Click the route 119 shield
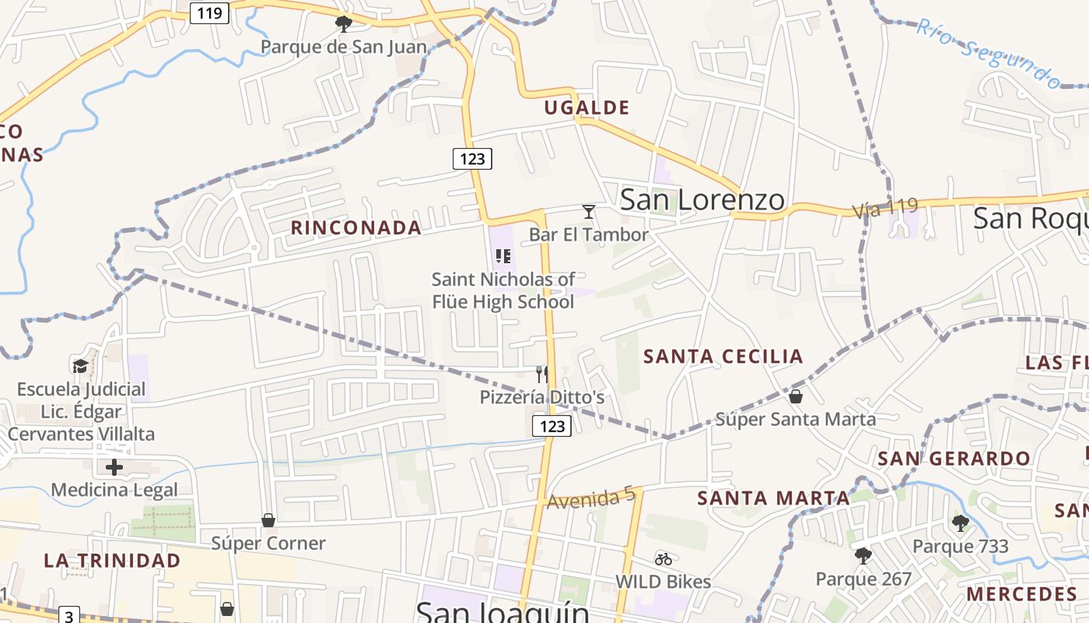pos(210,12)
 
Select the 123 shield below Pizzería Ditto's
pos(552,425)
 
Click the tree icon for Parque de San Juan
pos(343,24)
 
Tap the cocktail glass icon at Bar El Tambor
pos(589,212)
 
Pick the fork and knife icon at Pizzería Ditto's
pos(542,375)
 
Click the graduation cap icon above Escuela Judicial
pos(80,366)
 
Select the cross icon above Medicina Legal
pos(114,467)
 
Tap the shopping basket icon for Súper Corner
pos(268,519)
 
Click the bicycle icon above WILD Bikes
pos(664,558)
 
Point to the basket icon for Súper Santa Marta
pos(796,396)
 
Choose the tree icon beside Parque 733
pos(961,523)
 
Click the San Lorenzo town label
pos(702,200)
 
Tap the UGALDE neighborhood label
pos(587,107)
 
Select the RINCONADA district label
pos(356,227)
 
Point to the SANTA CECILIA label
pos(723,357)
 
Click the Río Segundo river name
pos(988,52)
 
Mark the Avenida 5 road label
pos(591,499)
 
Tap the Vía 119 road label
pos(885,208)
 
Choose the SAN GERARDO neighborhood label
pos(954,458)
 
